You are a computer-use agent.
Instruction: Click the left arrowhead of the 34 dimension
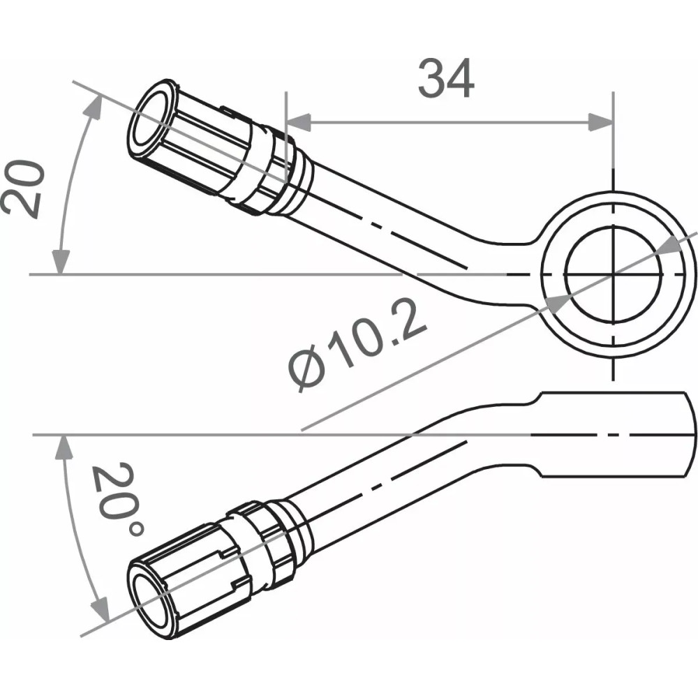[297, 121]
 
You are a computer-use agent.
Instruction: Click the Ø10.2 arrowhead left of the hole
[556, 301]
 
